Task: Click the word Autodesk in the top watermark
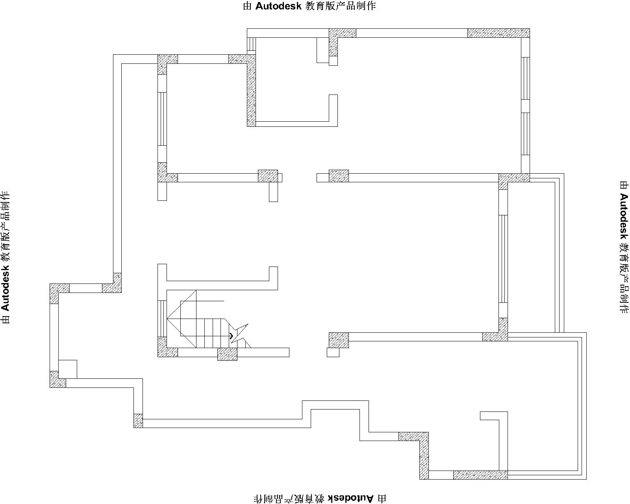coord(278,6)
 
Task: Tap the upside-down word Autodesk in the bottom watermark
coord(350,498)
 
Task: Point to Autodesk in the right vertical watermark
coord(624,216)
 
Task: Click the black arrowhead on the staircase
coord(231,336)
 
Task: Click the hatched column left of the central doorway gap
coord(268,176)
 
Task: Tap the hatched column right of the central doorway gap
coord(339,176)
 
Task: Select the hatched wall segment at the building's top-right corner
coord(498,33)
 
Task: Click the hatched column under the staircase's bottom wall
coord(228,354)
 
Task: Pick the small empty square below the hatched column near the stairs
coord(333,352)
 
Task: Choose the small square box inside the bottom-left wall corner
coord(68,369)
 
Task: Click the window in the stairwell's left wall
coord(162,319)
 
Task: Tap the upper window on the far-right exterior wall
coord(526,78)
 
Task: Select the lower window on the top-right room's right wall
coord(526,134)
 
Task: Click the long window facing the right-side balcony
coord(503,259)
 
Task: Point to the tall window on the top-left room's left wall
coord(162,119)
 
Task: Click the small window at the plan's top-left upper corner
coord(252,44)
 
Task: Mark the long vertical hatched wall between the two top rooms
coord(252,91)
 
